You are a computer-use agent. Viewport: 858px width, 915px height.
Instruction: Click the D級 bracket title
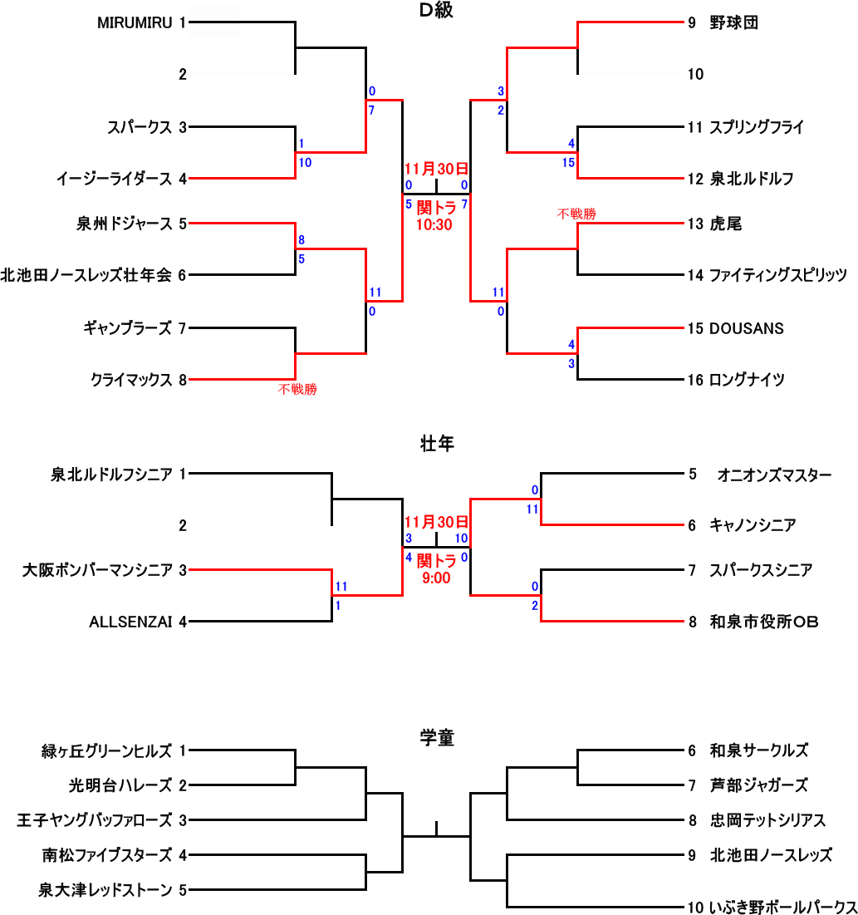pyautogui.click(x=436, y=11)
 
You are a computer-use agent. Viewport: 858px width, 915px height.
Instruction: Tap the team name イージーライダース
pyautogui.click(x=114, y=179)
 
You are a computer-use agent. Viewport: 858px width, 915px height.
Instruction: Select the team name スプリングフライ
pyautogui.click(x=757, y=128)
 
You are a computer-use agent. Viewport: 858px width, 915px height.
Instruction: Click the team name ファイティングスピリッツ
pyautogui.click(x=777, y=275)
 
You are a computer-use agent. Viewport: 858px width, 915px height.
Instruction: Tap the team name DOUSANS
pyautogui.click(x=746, y=328)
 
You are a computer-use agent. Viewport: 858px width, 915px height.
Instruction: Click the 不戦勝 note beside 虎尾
pyautogui.click(x=576, y=214)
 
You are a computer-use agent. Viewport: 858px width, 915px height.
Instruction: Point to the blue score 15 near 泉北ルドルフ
pyautogui.click(x=568, y=163)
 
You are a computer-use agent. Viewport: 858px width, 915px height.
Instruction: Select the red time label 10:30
pyautogui.click(x=436, y=224)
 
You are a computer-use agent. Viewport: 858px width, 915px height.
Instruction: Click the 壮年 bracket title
pyautogui.click(x=436, y=445)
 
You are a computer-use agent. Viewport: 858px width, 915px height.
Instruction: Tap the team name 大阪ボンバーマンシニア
pyautogui.click(x=98, y=570)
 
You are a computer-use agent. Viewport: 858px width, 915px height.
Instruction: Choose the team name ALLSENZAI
pyautogui.click(x=130, y=622)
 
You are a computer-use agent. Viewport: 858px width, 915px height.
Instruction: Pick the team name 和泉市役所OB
pyautogui.click(x=764, y=622)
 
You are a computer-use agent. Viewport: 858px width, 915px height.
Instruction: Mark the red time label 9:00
pyautogui.click(x=436, y=578)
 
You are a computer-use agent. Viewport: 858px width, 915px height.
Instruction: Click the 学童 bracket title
pyautogui.click(x=436, y=737)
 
